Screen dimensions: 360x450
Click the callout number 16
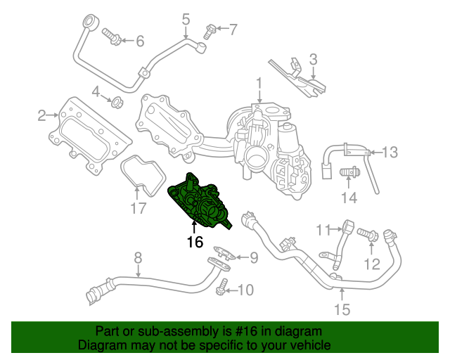tap(195, 243)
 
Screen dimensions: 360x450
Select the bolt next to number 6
tap(138, 257)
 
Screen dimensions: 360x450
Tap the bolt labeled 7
tap(253, 258)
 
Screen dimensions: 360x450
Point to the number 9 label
tap(323, 229)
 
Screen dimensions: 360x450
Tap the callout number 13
tap(341, 309)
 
